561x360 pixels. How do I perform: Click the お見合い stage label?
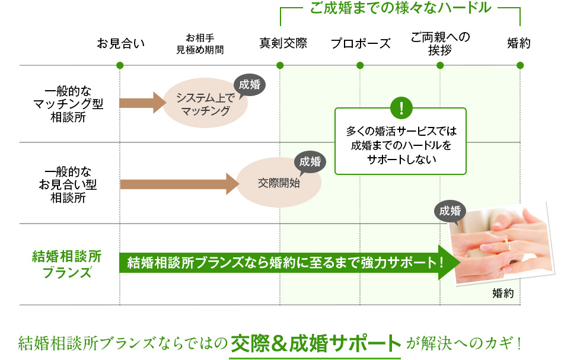click(120, 43)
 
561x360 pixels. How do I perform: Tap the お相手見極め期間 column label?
click(200, 43)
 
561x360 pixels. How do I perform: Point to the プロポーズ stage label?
click(361, 43)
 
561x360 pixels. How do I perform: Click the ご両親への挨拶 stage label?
click(440, 43)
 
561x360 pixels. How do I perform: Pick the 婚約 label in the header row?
click(519, 43)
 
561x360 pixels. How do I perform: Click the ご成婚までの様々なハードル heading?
click(400, 8)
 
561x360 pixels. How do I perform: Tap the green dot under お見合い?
click(120, 65)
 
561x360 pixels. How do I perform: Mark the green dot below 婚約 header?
click(520, 65)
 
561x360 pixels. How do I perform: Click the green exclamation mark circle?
click(401, 108)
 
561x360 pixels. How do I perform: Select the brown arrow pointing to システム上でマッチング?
click(142, 103)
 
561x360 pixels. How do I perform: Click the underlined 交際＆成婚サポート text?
click(315, 343)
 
